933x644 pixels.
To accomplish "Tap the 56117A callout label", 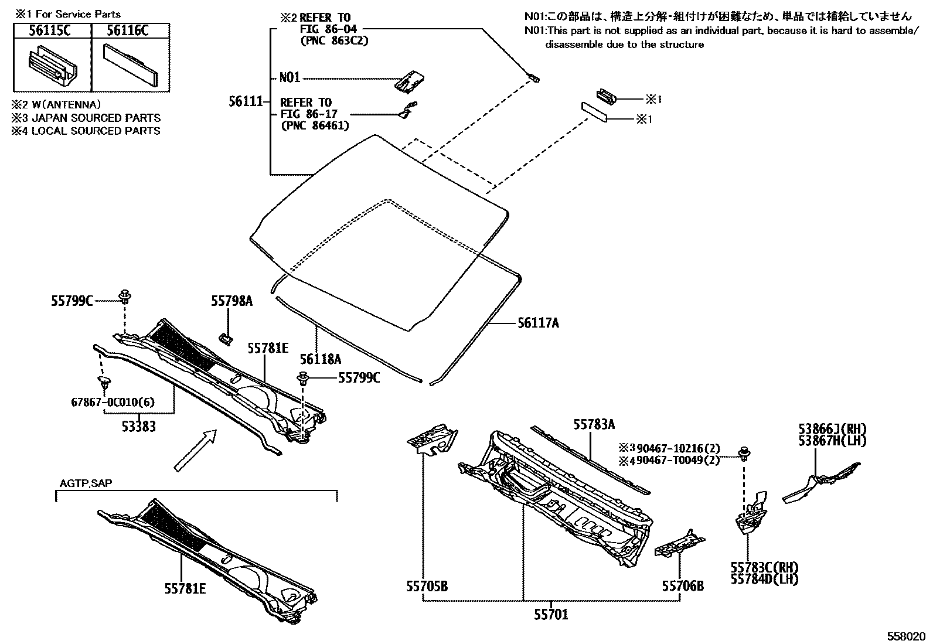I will pos(538,322).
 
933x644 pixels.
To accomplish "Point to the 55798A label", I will pos(232,301).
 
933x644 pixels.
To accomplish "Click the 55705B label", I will pos(427,585).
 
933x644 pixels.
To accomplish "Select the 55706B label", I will pos(683,585).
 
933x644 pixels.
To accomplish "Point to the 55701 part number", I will pos(551,615).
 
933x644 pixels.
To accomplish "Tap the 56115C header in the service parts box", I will pos(51,31).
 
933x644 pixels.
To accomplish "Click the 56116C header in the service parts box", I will pos(130,31).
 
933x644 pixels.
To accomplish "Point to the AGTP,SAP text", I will pos(86,483).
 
